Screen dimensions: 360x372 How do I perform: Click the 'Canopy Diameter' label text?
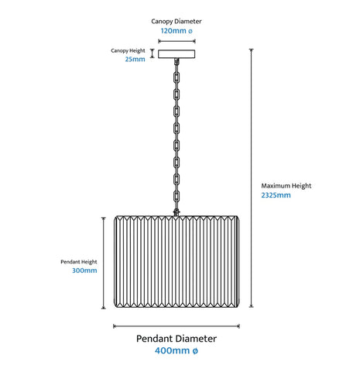pos(177,22)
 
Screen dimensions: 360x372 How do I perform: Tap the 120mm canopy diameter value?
pos(177,31)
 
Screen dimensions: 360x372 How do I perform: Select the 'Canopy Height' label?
pos(128,51)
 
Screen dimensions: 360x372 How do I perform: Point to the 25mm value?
pos(135,59)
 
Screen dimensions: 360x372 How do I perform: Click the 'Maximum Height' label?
pos(286,186)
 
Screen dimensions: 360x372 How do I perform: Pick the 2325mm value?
pos(276,195)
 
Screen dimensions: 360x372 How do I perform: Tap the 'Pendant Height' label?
pos(79,262)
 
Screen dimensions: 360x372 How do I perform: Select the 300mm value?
pos(84,270)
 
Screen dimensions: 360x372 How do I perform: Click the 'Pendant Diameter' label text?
pos(177,339)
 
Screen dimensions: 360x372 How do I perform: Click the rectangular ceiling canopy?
pos(177,54)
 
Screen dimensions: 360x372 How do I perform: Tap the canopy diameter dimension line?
pos(177,41)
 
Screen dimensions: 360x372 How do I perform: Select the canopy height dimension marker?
pos(153,53)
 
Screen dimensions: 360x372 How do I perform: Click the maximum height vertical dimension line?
pos(251,178)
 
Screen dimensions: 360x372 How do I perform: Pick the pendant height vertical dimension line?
pos(104,263)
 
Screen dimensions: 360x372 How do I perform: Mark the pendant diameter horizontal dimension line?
pos(177,326)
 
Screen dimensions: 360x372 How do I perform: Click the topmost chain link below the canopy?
pos(177,77)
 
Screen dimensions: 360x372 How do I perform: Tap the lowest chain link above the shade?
pos(177,197)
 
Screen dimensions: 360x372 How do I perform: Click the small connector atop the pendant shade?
pos(177,212)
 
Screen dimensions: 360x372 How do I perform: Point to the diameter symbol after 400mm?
pos(195,351)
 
